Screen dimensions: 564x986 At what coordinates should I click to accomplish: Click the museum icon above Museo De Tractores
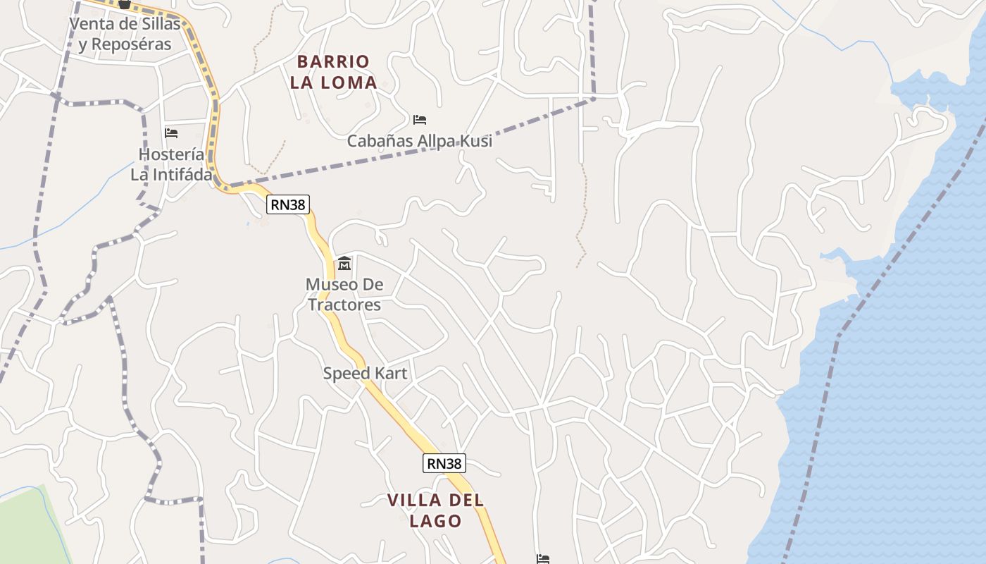344,264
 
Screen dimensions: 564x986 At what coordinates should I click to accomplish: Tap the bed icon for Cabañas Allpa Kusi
420,119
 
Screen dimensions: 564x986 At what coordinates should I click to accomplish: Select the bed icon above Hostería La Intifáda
171,133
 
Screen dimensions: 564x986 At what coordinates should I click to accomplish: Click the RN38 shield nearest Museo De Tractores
288,204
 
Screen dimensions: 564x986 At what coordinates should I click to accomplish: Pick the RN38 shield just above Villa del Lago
444,463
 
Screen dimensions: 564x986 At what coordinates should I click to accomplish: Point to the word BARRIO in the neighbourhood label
333,61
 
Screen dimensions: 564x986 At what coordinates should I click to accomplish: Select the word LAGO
435,522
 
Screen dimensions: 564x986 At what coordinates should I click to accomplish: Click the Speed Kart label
365,373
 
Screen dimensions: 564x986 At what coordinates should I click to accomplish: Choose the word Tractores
344,305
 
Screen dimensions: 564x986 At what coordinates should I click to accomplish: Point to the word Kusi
474,141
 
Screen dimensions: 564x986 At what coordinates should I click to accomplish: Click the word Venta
91,23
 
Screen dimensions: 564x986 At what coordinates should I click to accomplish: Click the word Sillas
158,23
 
